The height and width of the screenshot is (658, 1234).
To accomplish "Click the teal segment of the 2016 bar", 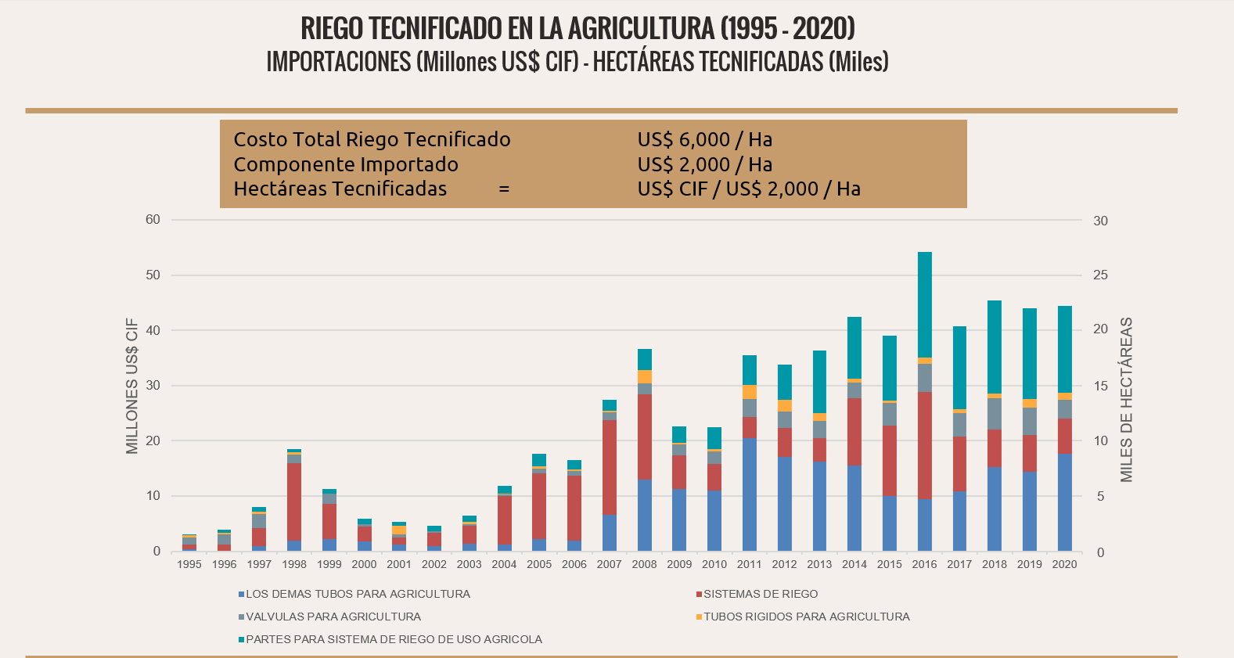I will coord(924,304).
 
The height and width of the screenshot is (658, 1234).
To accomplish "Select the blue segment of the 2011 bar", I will coord(749,494).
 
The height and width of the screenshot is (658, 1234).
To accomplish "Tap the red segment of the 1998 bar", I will coord(294,502).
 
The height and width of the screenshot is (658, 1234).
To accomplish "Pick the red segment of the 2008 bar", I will coord(644,437).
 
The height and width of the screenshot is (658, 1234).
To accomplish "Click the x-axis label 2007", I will coord(609,564).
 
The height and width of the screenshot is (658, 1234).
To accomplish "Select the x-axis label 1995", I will coord(189,564).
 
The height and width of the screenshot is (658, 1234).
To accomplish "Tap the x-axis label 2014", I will coord(854,564).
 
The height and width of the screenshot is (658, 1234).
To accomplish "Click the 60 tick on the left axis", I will coord(153,220).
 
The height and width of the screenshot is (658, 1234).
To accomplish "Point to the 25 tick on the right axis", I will coord(1100,275).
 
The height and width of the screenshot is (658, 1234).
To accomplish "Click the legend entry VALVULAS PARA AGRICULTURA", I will coord(333,617).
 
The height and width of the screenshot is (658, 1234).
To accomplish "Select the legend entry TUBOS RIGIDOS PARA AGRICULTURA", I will coord(806,617).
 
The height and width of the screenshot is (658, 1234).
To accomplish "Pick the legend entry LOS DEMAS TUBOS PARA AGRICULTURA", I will coord(358,594).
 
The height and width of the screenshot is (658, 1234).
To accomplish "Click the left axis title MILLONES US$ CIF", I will coord(132,386).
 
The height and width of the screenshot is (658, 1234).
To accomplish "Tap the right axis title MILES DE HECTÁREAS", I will coord(1126,399).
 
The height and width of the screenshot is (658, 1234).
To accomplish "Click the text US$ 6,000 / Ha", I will coord(704,140).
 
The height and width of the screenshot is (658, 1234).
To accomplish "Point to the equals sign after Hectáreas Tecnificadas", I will coord(505,189).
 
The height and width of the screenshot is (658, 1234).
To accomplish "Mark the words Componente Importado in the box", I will coord(346,164).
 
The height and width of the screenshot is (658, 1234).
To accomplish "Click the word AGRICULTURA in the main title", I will coord(641,28).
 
